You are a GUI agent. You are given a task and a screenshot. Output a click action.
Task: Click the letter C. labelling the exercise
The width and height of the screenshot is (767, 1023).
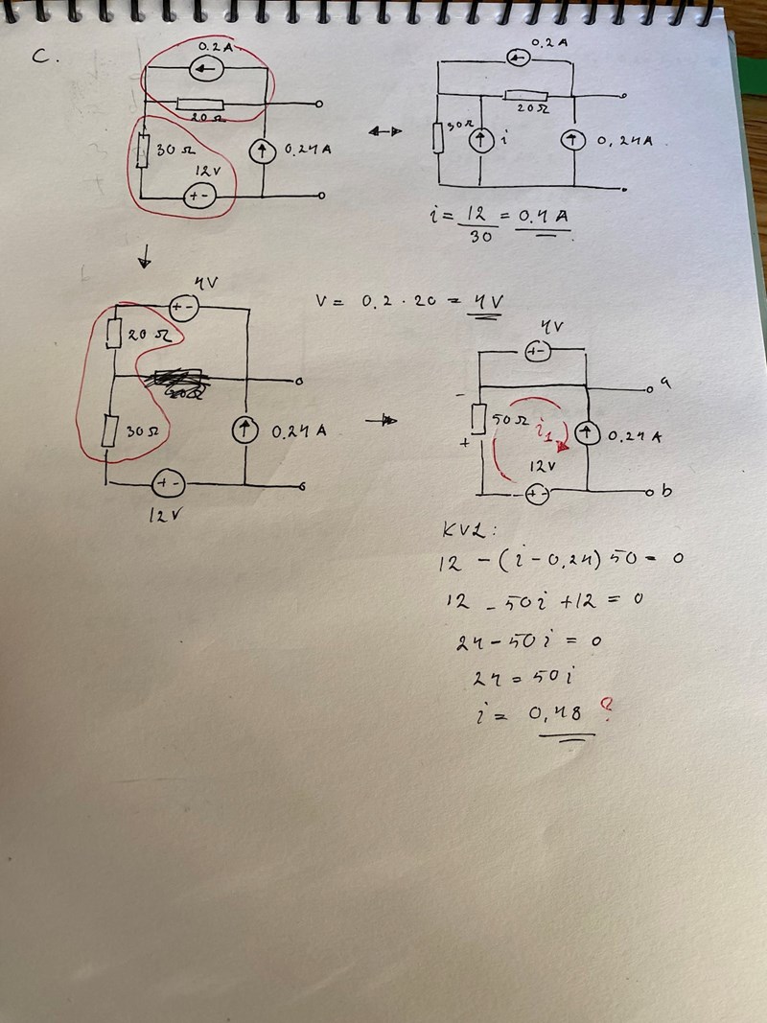(43, 57)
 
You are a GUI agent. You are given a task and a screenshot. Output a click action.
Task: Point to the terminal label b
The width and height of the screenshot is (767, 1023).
(665, 492)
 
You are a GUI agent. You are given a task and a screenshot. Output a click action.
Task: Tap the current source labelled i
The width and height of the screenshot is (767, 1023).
(479, 140)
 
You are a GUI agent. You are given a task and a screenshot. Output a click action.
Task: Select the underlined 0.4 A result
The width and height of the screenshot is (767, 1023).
(543, 217)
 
